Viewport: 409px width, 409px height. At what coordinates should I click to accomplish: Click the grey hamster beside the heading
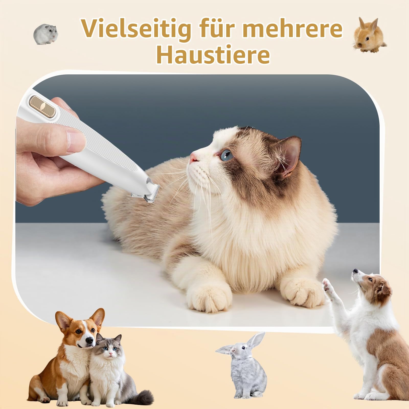46,35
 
